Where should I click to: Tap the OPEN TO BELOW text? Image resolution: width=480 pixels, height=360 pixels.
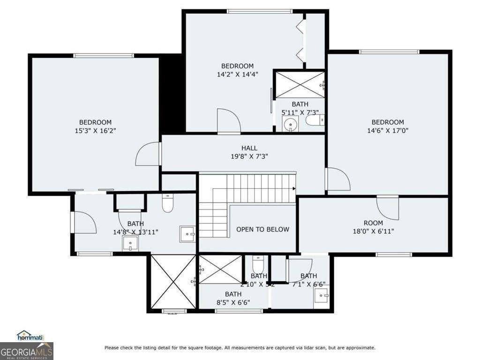[x=262, y=229]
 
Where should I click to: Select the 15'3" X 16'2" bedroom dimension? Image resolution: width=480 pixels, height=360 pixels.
[x=95, y=131]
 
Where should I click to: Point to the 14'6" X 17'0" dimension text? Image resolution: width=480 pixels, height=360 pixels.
[x=388, y=131]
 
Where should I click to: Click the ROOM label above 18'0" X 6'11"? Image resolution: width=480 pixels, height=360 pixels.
[x=373, y=223]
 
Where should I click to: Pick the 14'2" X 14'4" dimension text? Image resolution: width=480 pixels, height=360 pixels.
[x=237, y=74]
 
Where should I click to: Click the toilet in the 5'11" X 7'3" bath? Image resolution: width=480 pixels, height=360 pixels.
[x=315, y=121]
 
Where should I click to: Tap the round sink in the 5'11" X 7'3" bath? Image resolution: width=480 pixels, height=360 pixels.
[x=291, y=125]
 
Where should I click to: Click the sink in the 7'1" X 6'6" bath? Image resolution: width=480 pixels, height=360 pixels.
[x=321, y=294]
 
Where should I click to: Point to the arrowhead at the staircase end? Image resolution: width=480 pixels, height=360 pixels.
[x=294, y=189]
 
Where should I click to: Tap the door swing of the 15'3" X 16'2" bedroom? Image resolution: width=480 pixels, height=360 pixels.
[x=148, y=154]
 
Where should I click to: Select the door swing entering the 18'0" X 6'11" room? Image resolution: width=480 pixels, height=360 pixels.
[x=388, y=207]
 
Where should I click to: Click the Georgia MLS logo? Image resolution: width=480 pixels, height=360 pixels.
[x=27, y=351]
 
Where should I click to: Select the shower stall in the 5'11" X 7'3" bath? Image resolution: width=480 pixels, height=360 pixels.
[x=299, y=85]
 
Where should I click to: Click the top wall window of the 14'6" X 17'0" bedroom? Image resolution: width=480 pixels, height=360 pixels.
[x=389, y=52]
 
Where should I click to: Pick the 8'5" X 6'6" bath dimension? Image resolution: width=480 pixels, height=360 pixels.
[x=233, y=302]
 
